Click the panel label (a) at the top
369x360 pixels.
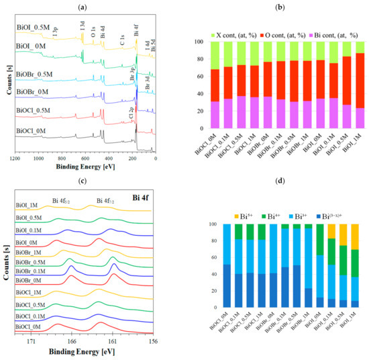tap(92, 7)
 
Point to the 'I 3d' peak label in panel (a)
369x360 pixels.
tap(83, 27)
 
